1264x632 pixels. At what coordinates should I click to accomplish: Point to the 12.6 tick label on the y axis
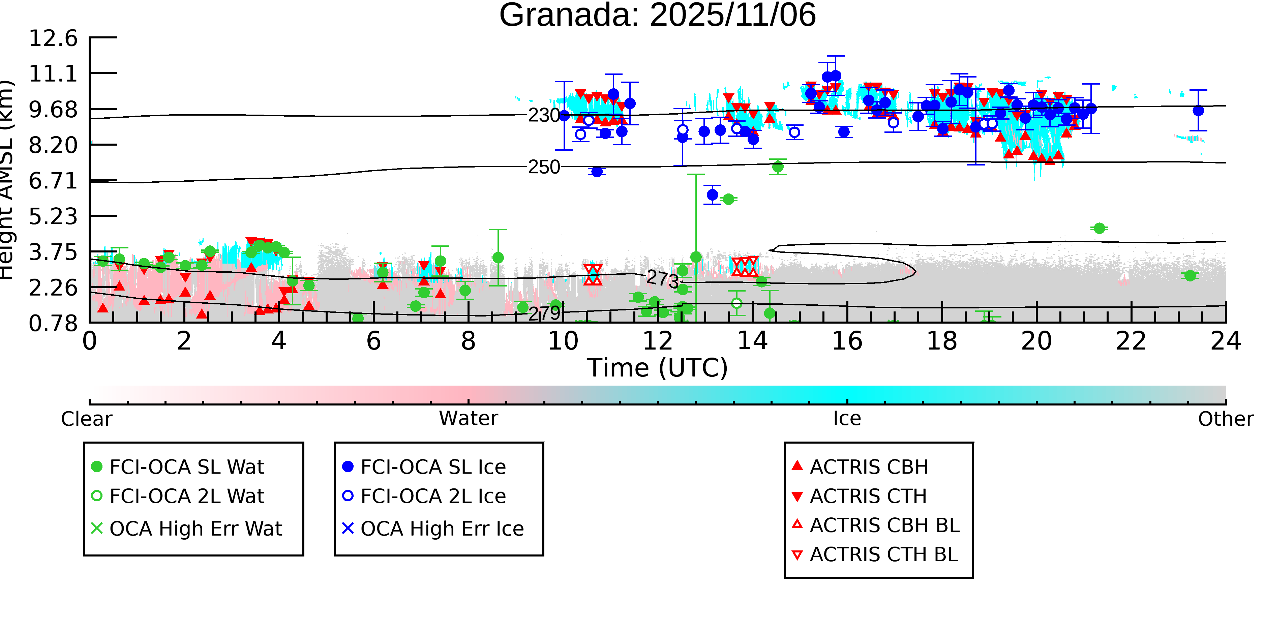53,38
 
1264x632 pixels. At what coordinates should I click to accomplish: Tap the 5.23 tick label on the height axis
53,216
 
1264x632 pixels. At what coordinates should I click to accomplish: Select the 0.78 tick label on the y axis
53,323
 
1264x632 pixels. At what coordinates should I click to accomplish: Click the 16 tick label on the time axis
847,341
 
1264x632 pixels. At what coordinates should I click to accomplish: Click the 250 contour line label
544,167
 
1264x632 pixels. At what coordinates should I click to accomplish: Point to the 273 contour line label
662,279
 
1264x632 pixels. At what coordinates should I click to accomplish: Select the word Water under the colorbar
468,419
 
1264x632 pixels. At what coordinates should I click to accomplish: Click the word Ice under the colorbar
847,419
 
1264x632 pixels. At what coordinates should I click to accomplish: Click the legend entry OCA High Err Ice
442,529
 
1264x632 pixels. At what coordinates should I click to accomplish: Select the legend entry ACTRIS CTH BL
883,555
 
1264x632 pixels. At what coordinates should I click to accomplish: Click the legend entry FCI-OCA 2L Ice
433,496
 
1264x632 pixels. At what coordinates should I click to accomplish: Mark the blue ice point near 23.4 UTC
1198,111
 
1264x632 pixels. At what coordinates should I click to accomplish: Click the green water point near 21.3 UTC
1099,229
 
